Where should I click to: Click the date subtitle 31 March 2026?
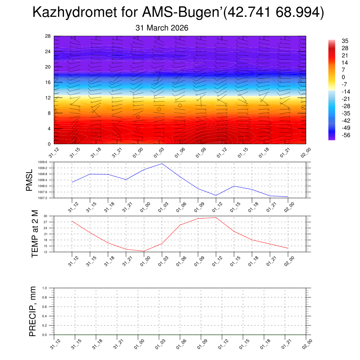162,28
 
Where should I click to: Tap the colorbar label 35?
345,41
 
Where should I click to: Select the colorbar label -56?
345,136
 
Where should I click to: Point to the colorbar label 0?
343,77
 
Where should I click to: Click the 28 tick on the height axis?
49,36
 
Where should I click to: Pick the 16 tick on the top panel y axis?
49,82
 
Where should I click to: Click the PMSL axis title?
29,180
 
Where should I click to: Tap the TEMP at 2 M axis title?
34,234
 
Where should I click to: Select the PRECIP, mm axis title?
33,311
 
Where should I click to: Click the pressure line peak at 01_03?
162,163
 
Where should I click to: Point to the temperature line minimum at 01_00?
144,251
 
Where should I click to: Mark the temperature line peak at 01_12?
216,217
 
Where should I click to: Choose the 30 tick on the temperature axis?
50,216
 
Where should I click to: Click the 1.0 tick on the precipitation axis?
49,288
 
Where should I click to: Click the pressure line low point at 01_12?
216,195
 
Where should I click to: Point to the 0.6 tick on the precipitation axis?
49,307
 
